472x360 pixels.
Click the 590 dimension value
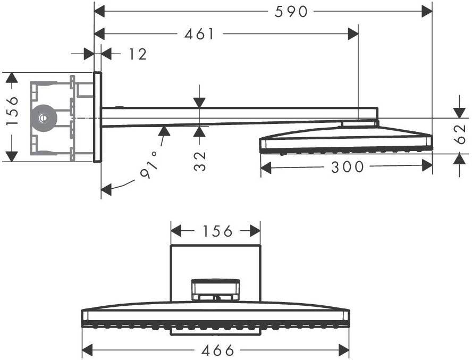291,12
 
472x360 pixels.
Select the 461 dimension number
199,34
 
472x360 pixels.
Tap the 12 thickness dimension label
138,54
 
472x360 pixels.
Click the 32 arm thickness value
199,161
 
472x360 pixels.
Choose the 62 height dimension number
460,135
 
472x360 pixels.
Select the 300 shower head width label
348,167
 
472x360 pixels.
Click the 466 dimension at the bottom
217,350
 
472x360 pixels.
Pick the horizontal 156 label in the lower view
217,231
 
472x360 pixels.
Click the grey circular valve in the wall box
44,118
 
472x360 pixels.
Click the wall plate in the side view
97,117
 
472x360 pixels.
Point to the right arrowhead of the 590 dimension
427,12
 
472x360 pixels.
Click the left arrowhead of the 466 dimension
87,350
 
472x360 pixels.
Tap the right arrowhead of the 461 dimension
353,34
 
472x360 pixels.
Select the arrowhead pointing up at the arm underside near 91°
164,131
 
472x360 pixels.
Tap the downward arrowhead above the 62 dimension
459,113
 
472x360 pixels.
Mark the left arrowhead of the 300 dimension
266,168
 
